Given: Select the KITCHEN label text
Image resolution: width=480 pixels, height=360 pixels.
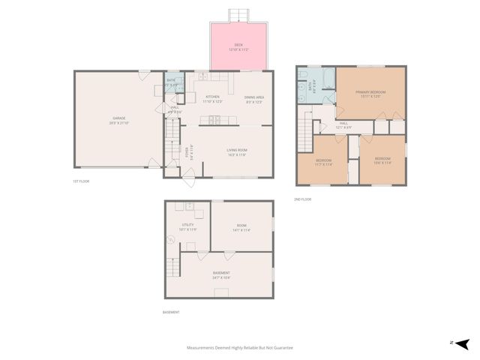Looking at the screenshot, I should (212, 98).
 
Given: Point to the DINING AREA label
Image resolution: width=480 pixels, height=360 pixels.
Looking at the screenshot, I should (253, 98).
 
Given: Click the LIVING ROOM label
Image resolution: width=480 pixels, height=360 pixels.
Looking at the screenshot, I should (237, 151).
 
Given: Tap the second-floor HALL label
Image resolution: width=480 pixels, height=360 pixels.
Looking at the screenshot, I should (343, 124).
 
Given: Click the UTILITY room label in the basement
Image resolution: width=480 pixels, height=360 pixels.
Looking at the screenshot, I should (188, 226).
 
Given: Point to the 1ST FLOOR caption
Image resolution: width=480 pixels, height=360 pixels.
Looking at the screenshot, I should (81, 181).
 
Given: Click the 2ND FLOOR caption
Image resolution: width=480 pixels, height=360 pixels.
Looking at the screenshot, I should (303, 199).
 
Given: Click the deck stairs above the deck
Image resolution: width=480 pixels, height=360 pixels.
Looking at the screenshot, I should (238, 14).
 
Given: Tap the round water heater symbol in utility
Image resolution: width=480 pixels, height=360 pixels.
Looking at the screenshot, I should (171, 240).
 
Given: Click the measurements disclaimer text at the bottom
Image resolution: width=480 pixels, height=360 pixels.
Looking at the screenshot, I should (239, 348).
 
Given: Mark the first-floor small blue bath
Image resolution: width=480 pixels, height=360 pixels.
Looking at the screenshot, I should (172, 83).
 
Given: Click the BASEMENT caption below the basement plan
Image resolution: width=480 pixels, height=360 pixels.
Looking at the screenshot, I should (172, 312).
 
